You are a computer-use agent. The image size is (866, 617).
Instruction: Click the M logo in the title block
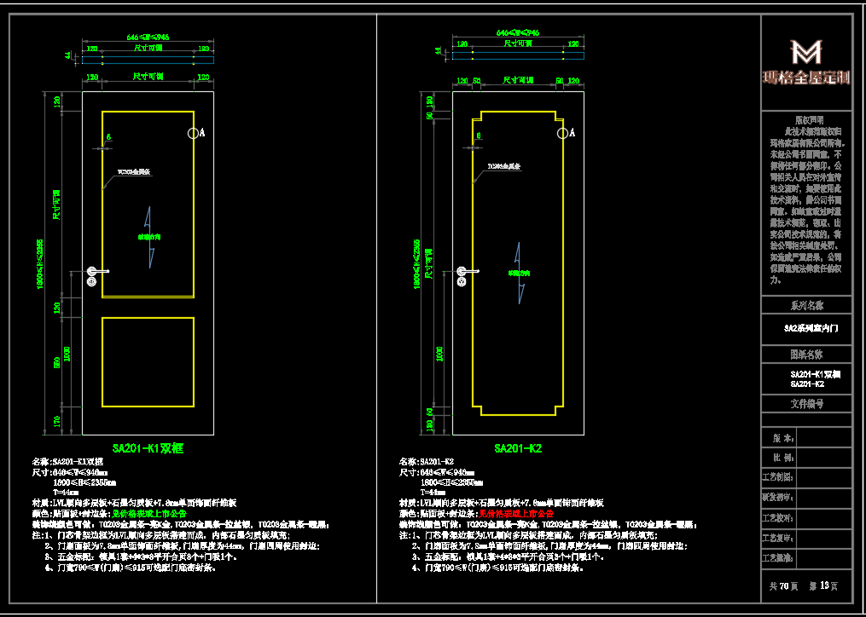point(806,52)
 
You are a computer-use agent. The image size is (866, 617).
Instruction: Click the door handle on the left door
point(96,272)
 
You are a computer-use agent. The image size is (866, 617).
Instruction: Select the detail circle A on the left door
point(194,133)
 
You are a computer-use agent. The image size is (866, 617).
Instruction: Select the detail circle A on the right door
point(562,132)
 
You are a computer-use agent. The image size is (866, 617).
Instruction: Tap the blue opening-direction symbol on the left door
point(148,236)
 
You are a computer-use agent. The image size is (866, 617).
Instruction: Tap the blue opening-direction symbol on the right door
point(518,273)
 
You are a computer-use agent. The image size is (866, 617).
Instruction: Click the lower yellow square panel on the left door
point(148,361)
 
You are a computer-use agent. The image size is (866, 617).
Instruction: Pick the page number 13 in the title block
point(824,586)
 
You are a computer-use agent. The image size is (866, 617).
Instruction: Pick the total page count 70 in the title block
point(783,586)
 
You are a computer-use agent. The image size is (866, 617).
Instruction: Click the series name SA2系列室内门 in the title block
point(806,327)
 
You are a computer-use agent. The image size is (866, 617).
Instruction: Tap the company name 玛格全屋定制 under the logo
point(806,78)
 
